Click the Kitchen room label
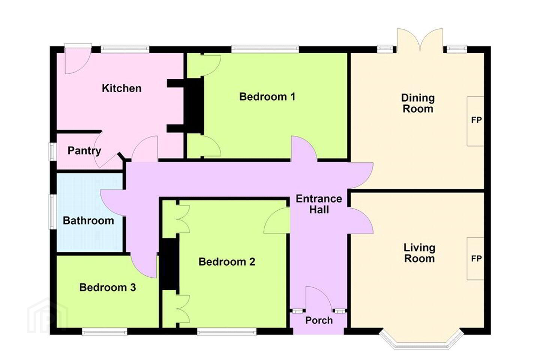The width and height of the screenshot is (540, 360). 121,88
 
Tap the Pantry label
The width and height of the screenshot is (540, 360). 84,151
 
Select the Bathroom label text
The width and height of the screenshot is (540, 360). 88,220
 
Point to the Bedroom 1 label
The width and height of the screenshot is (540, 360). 267,97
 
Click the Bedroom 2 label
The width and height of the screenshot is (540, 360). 226,262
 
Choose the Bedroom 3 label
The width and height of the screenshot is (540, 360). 108,287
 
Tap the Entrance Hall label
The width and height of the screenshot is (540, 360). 319,204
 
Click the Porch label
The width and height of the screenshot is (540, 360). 319,321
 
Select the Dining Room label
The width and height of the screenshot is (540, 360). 418,103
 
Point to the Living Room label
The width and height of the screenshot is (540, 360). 420,253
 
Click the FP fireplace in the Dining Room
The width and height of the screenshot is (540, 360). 475,121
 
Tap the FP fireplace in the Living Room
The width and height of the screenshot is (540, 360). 475,259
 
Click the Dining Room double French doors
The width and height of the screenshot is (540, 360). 420,41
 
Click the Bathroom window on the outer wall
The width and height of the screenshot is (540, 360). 52,212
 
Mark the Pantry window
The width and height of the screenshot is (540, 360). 52,151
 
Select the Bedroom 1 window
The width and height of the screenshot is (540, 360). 265,49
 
